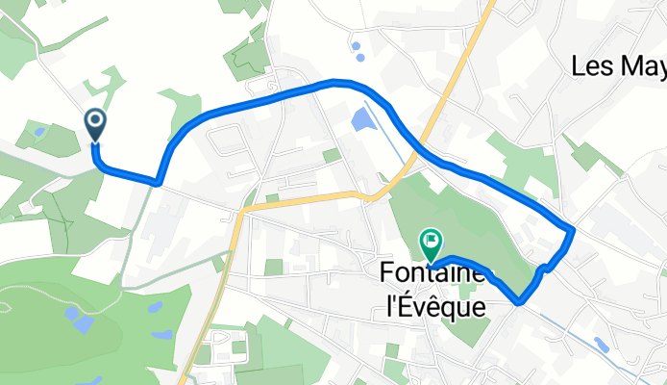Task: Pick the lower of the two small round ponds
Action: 360,57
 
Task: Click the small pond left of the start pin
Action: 38,132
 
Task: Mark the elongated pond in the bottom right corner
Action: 602,344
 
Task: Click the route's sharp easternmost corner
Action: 573,230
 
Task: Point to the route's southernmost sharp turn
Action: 519,301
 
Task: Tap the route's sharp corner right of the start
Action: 158,180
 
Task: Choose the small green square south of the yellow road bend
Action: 274,267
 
